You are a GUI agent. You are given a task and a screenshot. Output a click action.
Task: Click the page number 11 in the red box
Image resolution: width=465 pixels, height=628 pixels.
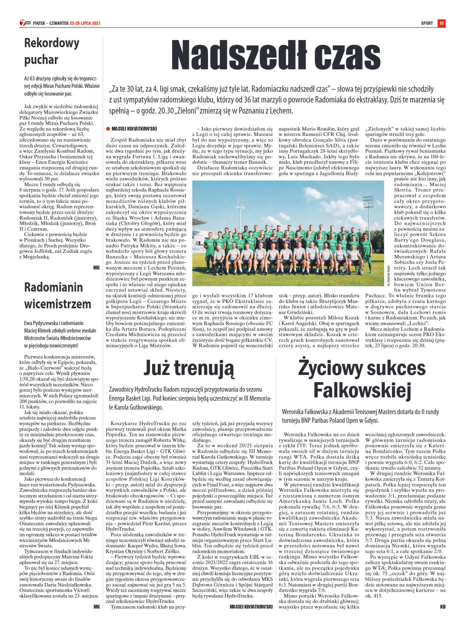pos(441,23)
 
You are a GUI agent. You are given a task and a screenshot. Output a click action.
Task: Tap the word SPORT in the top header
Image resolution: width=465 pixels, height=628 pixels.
pos(427,23)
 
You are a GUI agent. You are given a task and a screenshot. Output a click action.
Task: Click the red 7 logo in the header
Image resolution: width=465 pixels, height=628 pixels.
pos(22,23)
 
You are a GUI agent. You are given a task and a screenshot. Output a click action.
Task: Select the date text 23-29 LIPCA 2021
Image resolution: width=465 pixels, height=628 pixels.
pos(85,23)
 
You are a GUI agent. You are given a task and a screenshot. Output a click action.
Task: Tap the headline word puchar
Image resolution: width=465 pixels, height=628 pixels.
pos(41,59)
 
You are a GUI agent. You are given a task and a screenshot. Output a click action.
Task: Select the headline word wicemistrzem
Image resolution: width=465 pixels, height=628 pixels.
pos(58,304)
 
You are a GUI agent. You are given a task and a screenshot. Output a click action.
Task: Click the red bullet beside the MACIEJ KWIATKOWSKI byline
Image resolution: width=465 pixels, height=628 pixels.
pos(108,129)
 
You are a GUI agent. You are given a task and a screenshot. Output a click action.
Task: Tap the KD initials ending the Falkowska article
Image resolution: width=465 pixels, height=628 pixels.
pos(443,606)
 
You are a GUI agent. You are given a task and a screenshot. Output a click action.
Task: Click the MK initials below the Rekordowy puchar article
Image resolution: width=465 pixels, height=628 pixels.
pos(96,267)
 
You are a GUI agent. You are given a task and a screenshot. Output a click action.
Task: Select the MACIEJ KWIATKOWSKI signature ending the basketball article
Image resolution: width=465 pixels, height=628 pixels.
pos(251,606)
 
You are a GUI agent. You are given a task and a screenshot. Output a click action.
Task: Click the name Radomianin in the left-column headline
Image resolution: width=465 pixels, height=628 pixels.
pos(53,287)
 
